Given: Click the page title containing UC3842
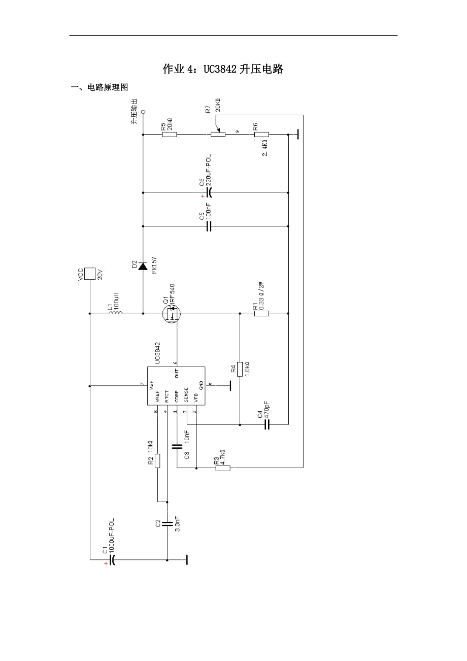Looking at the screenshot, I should pyautogui.click(x=223, y=70).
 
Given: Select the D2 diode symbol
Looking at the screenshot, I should pyautogui.click(x=143, y=266).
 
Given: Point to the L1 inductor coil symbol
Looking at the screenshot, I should pyautogui.click(x=116, y=313).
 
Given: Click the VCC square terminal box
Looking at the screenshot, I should pyautogui.click(x=90, y=274).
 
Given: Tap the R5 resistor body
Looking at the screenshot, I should pyautogui.click(x=170, y=135).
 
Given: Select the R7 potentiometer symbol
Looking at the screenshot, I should pyautogui.click(x=218, y=134).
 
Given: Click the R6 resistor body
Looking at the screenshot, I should pyautogui.click(x=261, y=135).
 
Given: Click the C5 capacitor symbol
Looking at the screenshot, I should pyautogui.click(x=209, y=226).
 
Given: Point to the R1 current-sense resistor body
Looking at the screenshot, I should pyautogui.click(x=261, y=314).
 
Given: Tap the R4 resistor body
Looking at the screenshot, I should pyautogui.click(x=240, y=369).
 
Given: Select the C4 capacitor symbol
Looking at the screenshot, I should pyautogui.click(x=266, y=424).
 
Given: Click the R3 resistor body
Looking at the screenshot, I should pyautogui.click(x=223, y=468).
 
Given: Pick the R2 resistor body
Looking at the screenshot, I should pyautogui.click(x=157, y=460).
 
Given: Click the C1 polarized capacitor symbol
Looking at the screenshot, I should pyautogui.click(x=112, y=560).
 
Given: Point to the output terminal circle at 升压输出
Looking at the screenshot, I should pyautogui.click(x=143, y=111).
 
